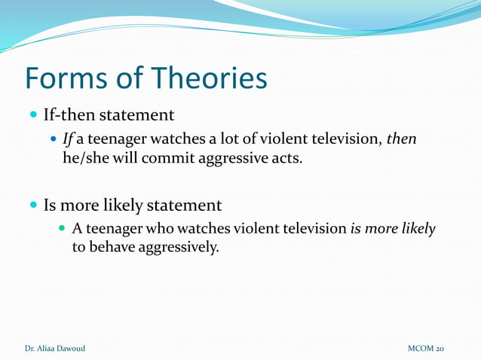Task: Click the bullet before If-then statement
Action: (32, 116)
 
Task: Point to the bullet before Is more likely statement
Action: (32, 205)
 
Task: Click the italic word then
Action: (401, 140)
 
